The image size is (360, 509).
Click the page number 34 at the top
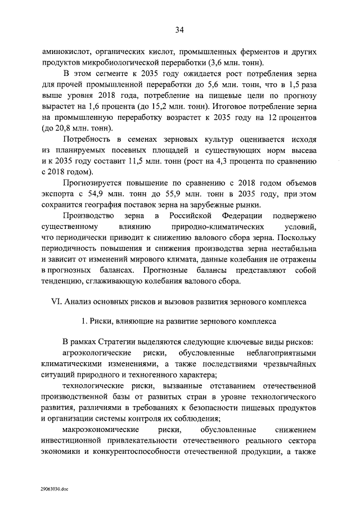click(x=179, y=30)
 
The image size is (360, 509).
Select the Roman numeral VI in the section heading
click(x=58, y=301)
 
